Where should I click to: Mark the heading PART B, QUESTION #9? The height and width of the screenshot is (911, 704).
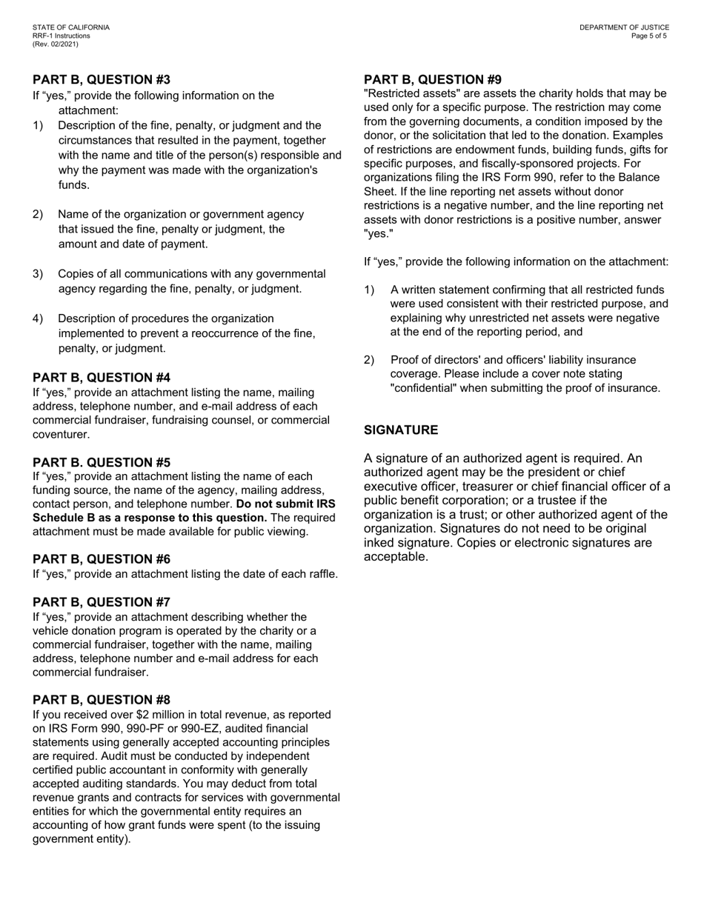433,80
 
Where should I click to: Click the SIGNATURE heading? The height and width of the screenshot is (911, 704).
401,430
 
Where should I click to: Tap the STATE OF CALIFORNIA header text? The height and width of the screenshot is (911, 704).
71,27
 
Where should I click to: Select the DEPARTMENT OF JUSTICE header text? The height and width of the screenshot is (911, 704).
624,27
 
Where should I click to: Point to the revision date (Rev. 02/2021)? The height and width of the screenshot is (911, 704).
56,44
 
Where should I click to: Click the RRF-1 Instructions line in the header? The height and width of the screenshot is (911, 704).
62,36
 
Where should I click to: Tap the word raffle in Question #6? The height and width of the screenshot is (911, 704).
319,574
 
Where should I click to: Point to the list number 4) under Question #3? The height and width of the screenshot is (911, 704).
38,318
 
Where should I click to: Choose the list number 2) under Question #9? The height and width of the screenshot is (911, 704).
369,360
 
